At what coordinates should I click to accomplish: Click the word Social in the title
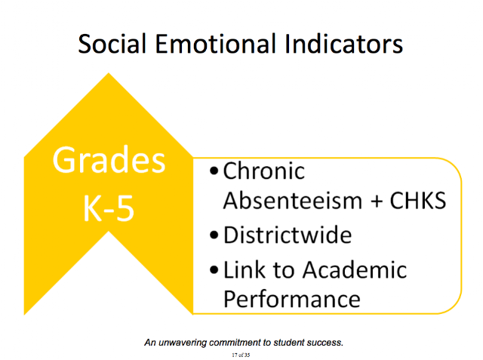[112, 44]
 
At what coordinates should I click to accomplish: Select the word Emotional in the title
[215, 44]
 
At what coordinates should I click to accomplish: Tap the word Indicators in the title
[343, 44]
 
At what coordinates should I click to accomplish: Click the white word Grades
[109, 160]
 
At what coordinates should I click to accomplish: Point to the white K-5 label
[109, 208]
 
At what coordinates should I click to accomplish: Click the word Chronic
[264, 171]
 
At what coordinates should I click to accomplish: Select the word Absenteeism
[293, 201]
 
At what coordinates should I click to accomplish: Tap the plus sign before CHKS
[377, 202]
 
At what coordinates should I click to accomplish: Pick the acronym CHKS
[418, 201]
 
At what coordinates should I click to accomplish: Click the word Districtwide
[288, 235]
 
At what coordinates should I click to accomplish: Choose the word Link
[245, 269]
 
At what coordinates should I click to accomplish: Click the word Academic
[355, 269]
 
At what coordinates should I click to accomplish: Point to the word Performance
[292, 300]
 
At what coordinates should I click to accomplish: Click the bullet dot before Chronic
[214, 171]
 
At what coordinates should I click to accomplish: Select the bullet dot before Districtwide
[214, 235]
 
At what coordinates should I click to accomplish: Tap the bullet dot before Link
[214, 270]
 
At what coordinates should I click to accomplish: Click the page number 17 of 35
[241, 355]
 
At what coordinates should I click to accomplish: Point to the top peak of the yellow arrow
[109, 73]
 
